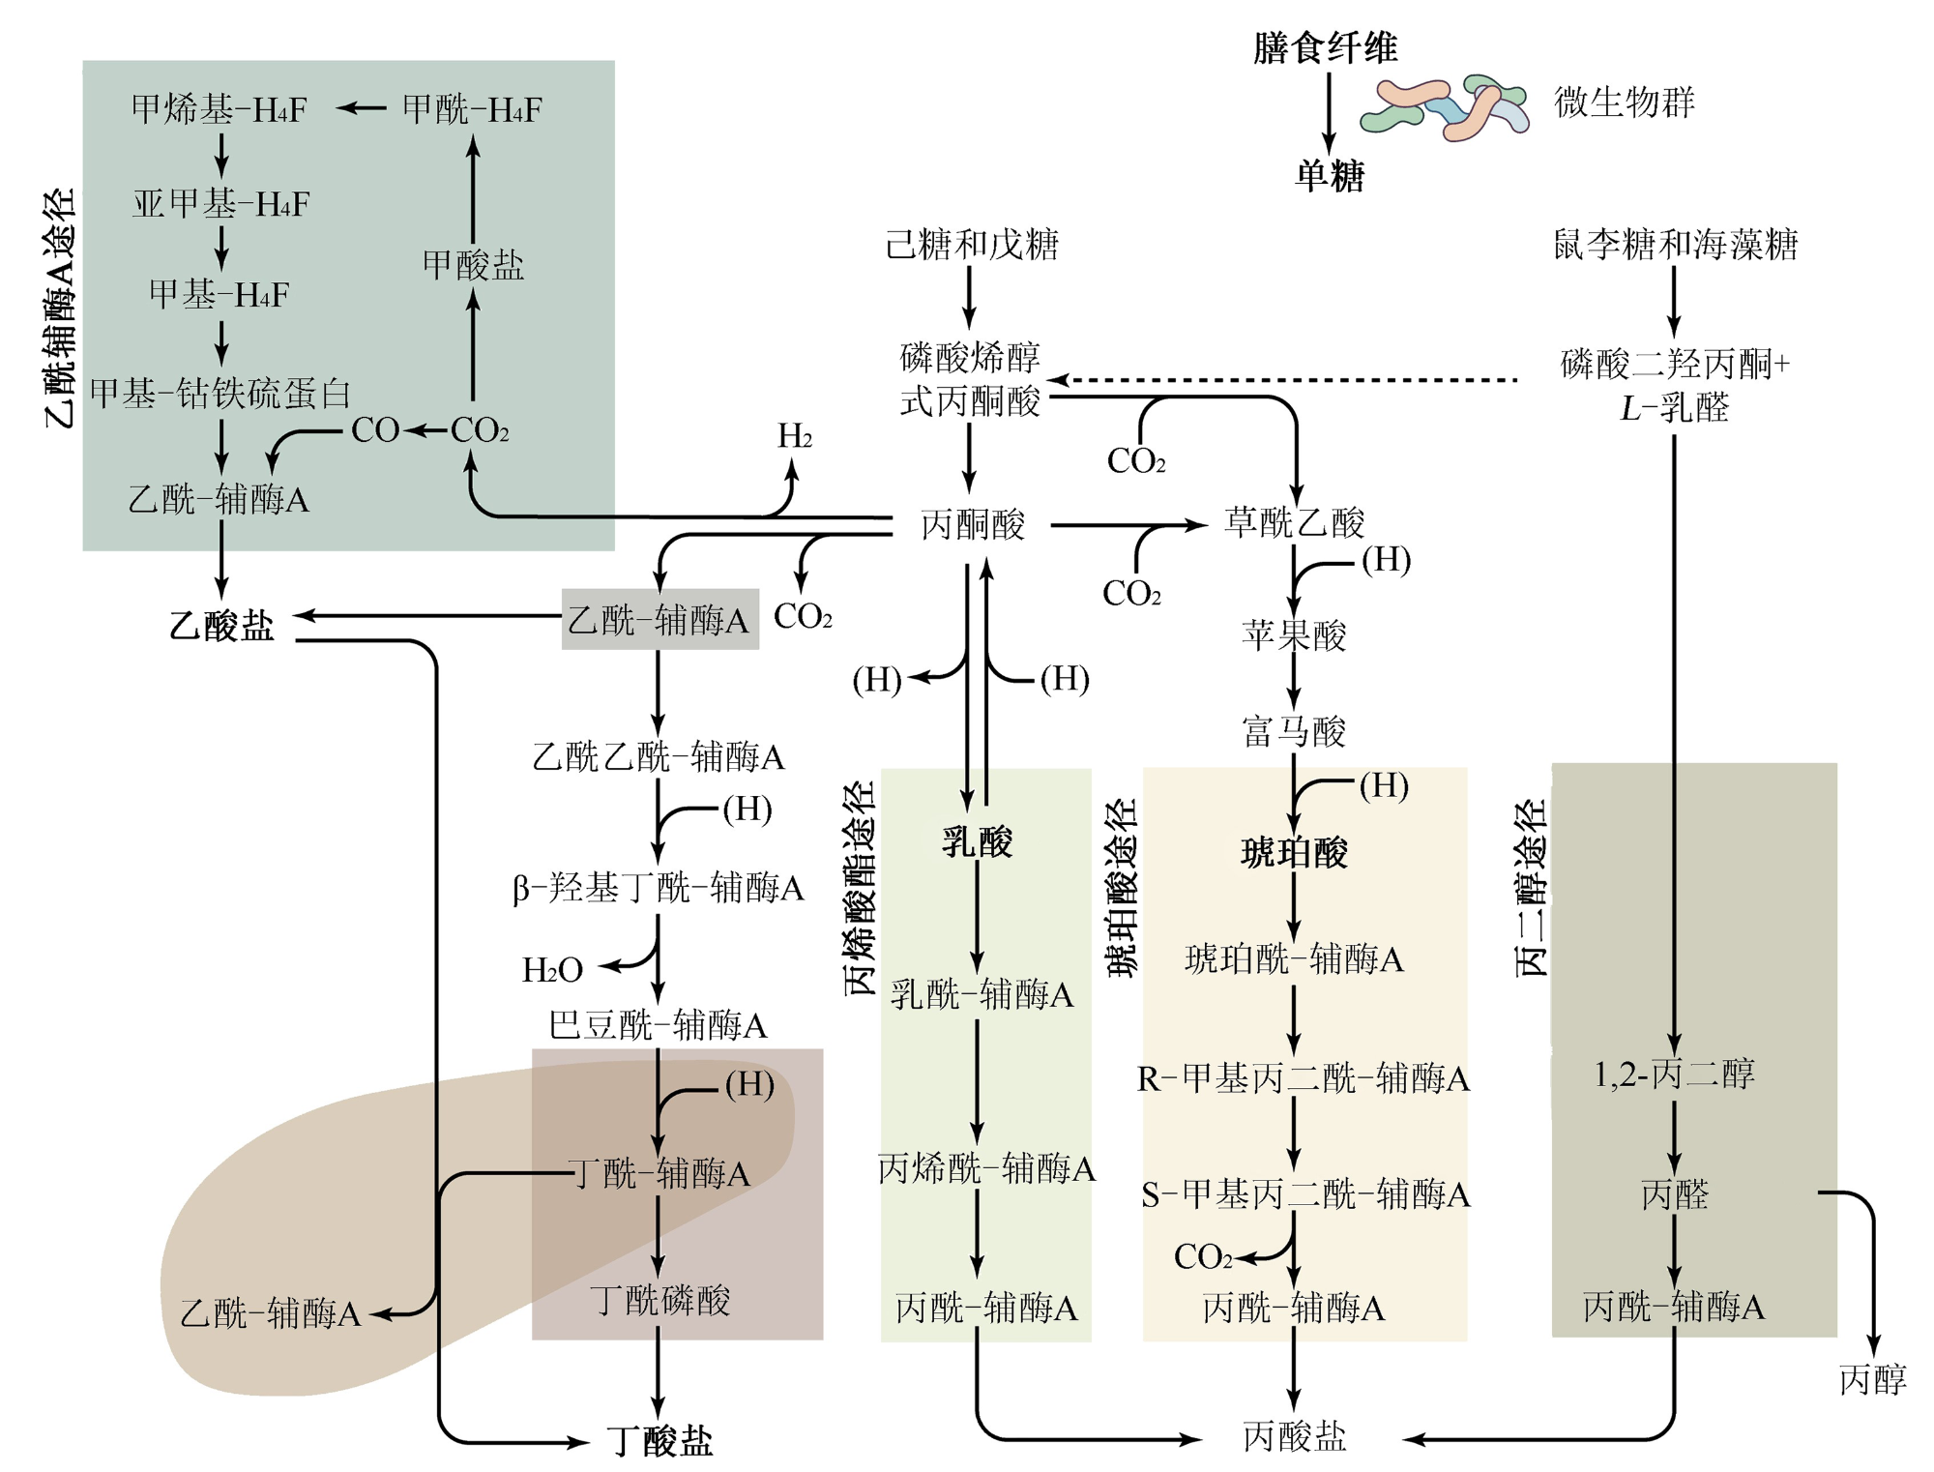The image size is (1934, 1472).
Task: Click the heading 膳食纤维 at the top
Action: click(x=1325, y=46)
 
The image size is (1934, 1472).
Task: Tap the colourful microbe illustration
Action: click(x=1445, y=107)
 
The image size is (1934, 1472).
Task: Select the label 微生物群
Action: click(x=1625, y=102)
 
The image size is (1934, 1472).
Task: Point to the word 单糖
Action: click(x=1330, y=175)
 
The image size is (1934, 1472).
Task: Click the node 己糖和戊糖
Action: click(x=972, y=244)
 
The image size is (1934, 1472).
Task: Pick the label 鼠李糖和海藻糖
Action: click(x=1675, y=244)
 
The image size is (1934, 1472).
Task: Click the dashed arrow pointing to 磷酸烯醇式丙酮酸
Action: click(x=1283, y=380)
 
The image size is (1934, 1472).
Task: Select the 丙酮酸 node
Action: click(x=972, y=524)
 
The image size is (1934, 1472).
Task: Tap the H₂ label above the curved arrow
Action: click(x=795, y=436)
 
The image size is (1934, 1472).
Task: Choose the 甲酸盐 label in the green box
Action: click(x=473, y=264)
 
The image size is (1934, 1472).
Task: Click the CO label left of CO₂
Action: click(x=375, y=429)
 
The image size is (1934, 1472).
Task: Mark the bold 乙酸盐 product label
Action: click(x=221, y=625)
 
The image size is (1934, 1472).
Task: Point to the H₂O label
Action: click(x=552, y=969)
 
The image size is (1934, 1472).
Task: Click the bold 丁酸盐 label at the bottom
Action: click(x=659, y=1440)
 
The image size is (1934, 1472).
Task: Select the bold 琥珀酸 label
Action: click(x=1294, y=852)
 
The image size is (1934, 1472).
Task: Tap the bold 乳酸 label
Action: click(x=977, y=841)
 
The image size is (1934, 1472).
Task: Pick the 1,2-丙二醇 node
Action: click(x=1674, y=1073)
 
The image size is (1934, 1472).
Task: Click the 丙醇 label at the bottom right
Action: click(x=1873, y=1379)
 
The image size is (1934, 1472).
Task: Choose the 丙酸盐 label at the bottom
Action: click(x=1294, y=1436)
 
